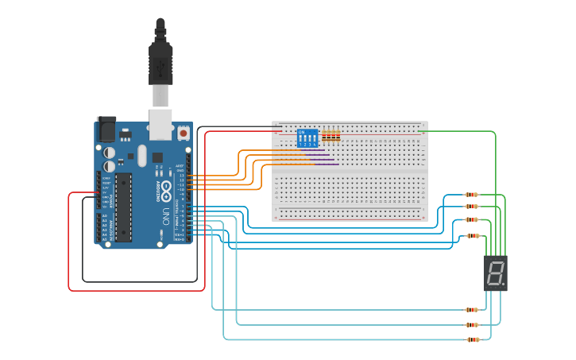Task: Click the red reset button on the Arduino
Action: coord(184,134)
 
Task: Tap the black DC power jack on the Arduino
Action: coord(106,129)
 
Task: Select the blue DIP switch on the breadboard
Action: coord(307,138)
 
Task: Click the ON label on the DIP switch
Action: coord(301,132)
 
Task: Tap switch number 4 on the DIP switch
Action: coord(315,140)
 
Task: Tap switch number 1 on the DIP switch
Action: coord(300,140)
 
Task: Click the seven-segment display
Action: coord(495,273)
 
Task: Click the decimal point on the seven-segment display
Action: coord(503,285)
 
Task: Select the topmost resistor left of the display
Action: coord(472,195)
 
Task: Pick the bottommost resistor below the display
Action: coord(473,339)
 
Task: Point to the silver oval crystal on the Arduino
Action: coord(142,155)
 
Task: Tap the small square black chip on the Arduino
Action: coord(157,157)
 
